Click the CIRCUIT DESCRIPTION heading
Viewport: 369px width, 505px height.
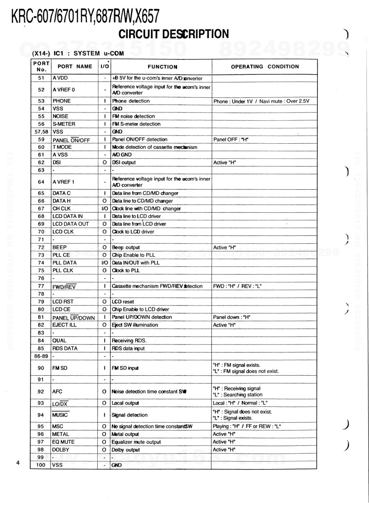tap(174, 34)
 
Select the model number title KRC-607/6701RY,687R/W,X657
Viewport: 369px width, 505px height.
tap(85, 16)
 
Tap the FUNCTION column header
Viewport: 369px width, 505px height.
tap(162, 67)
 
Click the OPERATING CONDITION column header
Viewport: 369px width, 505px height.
tap(265, 67)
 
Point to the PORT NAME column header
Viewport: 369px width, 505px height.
tap(75, 67)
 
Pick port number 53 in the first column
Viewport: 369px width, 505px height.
tap(41, 101)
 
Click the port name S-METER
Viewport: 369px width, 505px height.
tap(64, 124)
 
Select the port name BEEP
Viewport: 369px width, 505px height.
tap(60, 247)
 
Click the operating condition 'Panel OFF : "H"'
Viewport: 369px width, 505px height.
tap(231, 139)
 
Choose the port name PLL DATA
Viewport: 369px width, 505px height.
tap(65, 263)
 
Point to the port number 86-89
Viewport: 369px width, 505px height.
tap(41, 356)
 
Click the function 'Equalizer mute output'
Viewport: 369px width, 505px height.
tap(136, 442)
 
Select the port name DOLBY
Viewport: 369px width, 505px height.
tap(61, 450)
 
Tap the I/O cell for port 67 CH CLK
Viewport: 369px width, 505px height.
tap(105, 209)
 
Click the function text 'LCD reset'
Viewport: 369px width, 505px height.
tap(123, 302)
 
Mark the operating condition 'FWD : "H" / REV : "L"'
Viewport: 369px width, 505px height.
tap(237, 286)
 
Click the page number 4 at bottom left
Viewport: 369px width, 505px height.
tap(18, 463)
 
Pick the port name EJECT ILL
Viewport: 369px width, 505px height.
tap(65, 325)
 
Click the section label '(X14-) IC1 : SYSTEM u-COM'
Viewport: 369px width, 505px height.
tap(78, 53)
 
